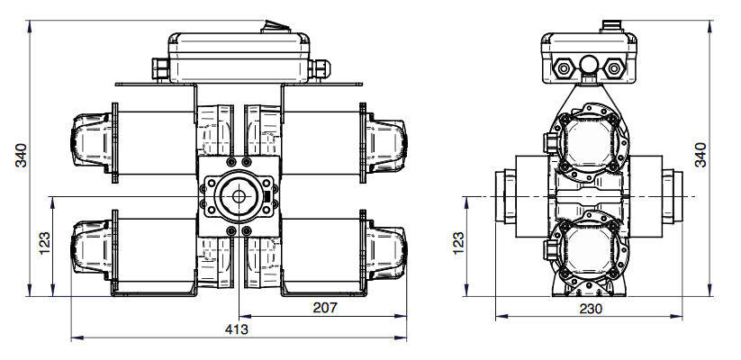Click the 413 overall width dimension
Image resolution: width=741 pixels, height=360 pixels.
click(237, 329)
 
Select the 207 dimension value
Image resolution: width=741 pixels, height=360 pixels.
click(324, 308)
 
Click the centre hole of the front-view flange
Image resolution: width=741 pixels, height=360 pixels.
click(239, 197)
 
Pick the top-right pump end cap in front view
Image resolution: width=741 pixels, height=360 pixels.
click(387, 141)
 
